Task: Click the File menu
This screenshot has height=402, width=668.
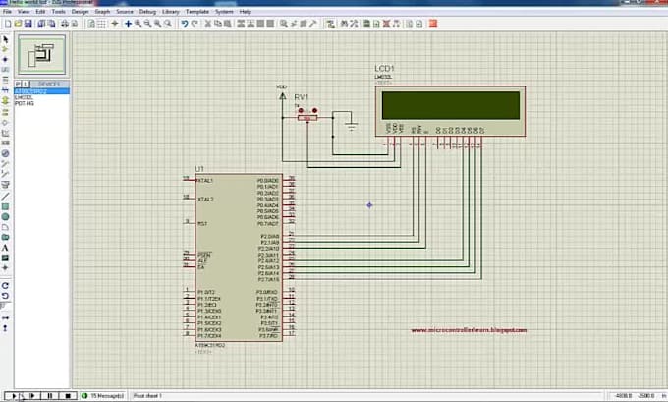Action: click(7, 12)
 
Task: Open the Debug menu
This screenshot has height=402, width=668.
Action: click(147, 12)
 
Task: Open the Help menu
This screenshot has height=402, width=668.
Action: click(246, 12)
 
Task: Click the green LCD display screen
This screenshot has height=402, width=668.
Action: click(450, 103)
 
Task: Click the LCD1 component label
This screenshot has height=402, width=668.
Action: click(386, 68)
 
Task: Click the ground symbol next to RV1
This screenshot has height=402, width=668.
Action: click(351, 125)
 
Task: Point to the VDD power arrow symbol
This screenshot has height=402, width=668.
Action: click(283, 97)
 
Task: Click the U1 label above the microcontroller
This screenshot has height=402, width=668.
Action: click(200, 169)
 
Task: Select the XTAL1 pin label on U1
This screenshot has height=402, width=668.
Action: click(205, 181)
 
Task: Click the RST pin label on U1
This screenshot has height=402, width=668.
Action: click(201, 223)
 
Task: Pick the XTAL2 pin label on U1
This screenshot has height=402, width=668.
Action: click(205, 199)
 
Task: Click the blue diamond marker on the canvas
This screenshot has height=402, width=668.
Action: click(369, 204)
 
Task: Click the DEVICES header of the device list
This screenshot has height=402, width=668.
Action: click(49, 85)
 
